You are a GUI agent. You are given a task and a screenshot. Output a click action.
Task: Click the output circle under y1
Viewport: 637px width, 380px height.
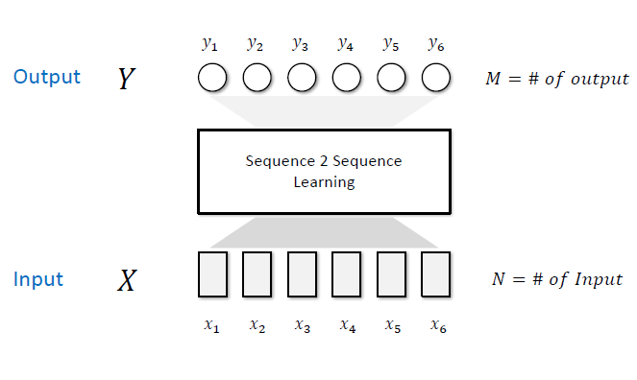coord(212,78)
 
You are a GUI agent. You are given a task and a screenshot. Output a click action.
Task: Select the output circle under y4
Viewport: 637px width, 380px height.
coord(347,78)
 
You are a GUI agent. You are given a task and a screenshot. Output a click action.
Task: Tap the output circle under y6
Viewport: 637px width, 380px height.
coord(436,78)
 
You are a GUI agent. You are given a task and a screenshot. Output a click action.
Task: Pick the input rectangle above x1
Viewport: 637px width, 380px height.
coord(212,273)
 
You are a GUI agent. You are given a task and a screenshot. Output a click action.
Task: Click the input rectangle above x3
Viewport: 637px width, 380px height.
coord(302,273)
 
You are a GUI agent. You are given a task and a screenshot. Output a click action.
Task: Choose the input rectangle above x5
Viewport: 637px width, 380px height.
coord(392,273)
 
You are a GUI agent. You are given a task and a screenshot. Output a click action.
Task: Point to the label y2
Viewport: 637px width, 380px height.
coord(255,43)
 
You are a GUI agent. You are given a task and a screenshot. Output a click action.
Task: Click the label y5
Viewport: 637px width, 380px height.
coord(390,43)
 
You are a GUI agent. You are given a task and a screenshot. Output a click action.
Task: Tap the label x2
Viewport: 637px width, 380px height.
coord(257,326)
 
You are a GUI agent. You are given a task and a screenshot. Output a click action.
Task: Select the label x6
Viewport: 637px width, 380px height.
coord(437,326)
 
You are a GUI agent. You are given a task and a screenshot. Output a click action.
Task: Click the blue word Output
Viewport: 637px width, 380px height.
coord(47,77)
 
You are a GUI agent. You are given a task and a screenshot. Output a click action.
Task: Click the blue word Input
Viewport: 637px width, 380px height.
coord(38,279)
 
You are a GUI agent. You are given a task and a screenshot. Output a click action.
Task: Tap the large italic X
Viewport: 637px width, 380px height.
coord(127,280)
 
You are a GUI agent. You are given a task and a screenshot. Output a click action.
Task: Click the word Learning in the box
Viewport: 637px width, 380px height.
coord(324,181)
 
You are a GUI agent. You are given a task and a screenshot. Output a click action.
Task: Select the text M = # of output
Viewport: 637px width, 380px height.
coord(557,79)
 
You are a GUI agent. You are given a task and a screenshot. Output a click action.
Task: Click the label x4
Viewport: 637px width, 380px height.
coord(347,326)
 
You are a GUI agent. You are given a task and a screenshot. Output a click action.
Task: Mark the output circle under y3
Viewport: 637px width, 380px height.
coord(302,78)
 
